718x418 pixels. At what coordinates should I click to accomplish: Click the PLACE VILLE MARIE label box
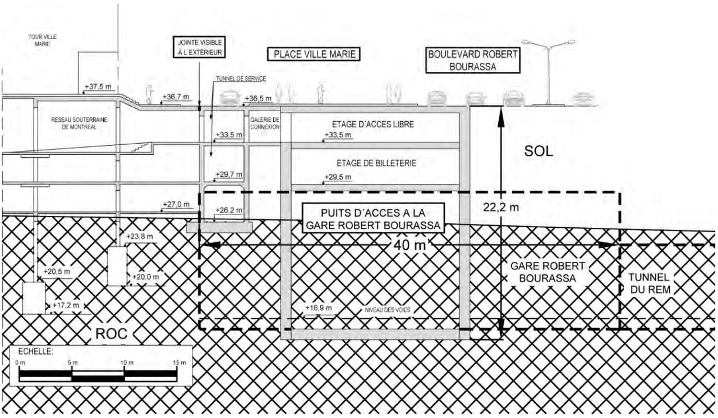click(x=313, y=54)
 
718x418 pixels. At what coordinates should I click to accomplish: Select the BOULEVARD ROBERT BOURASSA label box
click(x=473, y=61)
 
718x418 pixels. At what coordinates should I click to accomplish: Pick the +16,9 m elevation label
click(x=318, y=308)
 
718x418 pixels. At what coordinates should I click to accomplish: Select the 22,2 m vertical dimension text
click(x=501, y=207)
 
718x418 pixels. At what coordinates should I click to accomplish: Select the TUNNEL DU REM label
click(x=649, y=283)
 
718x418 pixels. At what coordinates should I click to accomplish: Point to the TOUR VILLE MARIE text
click(x=43, y=41)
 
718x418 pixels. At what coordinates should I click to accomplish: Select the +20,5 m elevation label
click(x=57, y=272)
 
